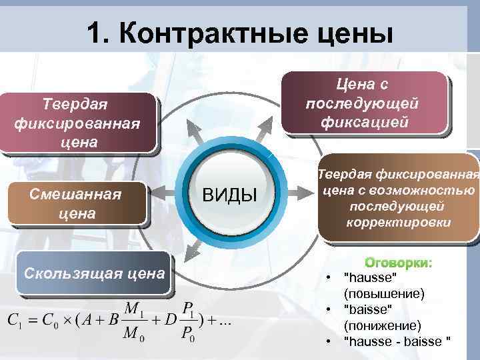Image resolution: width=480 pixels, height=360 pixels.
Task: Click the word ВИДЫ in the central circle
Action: [x=229, y=195]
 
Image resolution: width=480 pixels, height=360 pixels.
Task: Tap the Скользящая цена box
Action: [x=94, y=273]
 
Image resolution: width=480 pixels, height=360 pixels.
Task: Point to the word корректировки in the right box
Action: [x=398, y=222]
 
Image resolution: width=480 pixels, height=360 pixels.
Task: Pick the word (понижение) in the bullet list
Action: [x=382, y=325]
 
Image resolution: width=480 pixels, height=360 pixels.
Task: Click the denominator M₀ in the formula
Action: [x=133, y=333]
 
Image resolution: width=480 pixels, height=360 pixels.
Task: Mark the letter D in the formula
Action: [x=172, y=320]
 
